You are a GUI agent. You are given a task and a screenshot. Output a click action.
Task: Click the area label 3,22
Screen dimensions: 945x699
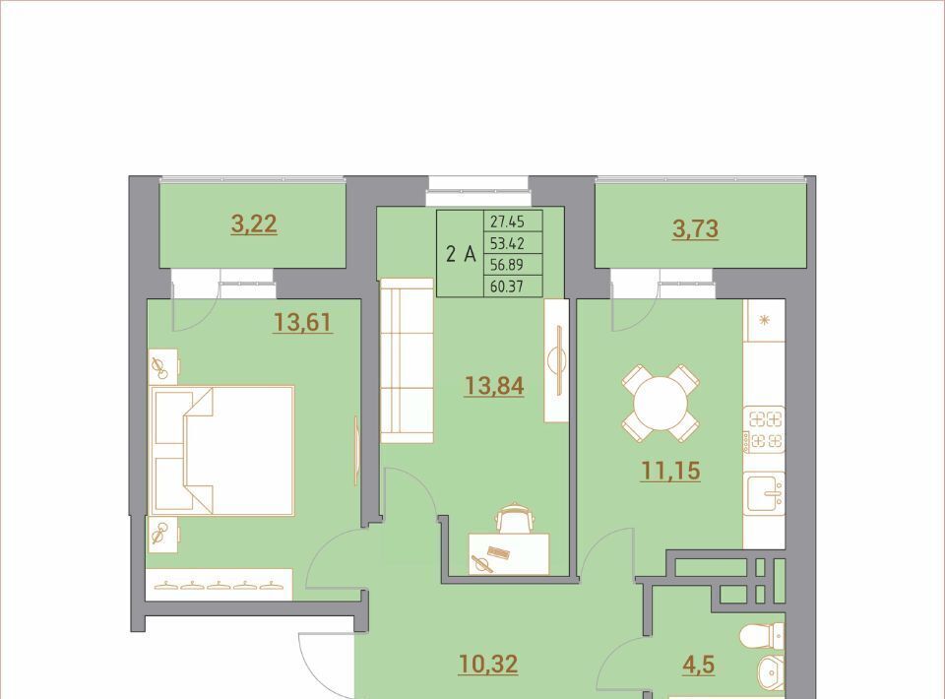click(254, 224)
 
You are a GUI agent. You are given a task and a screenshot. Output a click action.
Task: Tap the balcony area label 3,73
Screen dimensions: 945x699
click(696, 229)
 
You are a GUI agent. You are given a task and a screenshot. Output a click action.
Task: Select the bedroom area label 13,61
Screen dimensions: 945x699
click(302, 322)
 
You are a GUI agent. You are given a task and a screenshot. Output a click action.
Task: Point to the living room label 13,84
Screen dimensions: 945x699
click(493, 386)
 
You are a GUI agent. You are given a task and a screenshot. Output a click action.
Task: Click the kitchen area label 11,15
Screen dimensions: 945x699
click(670, 471)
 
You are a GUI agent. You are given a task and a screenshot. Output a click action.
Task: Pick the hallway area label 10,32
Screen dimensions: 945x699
click(488, 664)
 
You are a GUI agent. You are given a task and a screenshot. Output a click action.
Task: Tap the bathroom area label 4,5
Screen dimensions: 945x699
click(699, 664)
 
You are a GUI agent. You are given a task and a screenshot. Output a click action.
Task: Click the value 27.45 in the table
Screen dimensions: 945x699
click(507, 222)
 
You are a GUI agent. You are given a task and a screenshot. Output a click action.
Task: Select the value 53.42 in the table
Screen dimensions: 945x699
click(507, 243)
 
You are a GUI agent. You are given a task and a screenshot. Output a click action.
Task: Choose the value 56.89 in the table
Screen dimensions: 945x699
click(507, 265)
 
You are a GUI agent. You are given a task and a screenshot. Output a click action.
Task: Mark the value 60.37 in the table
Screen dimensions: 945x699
click(507, 286)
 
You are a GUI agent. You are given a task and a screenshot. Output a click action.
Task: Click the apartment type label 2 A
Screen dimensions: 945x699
click(461, 254)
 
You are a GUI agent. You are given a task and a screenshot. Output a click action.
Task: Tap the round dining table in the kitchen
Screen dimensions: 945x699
click(661, 403)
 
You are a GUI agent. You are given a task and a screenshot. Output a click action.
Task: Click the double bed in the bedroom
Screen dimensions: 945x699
click(223, 451)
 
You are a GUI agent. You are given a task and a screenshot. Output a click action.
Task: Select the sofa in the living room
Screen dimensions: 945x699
click(407, 360)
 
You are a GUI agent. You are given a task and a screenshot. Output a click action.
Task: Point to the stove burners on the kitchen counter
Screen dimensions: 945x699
click(764, 430)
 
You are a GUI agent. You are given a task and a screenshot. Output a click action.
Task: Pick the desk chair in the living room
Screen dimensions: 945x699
click(514, 518)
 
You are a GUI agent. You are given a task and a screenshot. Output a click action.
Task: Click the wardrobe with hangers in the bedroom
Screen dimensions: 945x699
click(220, 584)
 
